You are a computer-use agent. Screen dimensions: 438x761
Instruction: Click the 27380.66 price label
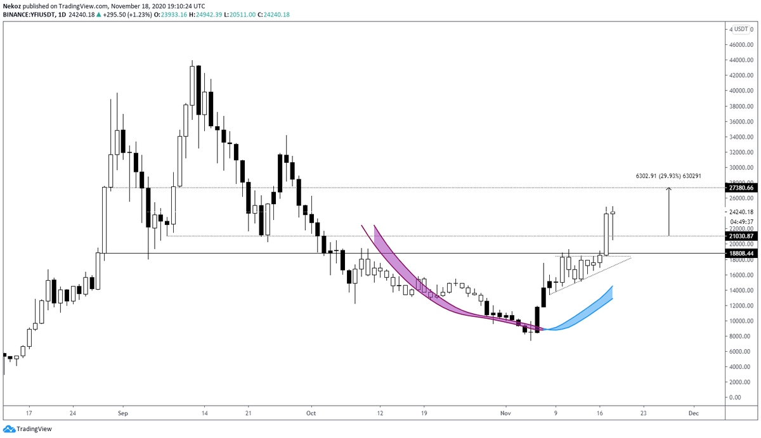tap(741, 188)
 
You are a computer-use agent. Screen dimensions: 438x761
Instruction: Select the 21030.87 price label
tap(741, 236)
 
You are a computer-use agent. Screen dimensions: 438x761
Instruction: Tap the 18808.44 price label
tap(741, 254)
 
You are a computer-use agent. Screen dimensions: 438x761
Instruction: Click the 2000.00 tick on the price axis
tap(741, 382)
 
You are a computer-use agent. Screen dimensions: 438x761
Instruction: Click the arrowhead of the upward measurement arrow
tap(668, 190)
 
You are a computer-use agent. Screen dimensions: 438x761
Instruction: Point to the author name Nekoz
tap(13, 5)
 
